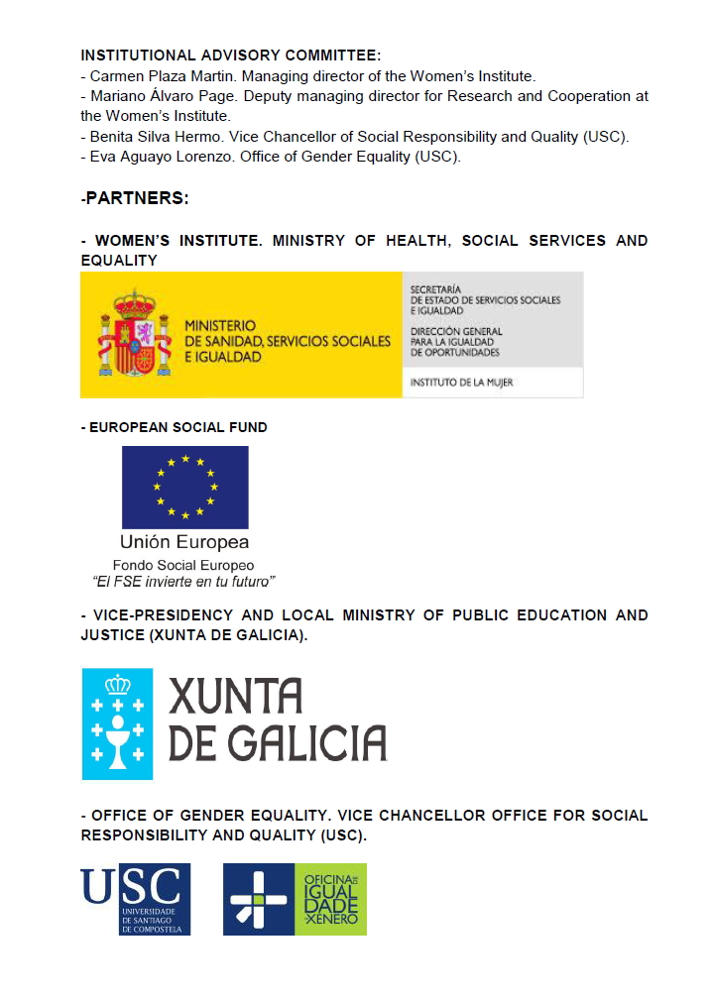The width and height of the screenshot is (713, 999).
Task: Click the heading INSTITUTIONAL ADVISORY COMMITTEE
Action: pyautogui.click(x=230, y=55)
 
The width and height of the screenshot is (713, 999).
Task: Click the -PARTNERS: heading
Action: pyautogui.click(x=135, y=198)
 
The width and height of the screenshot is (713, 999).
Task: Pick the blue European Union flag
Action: pyautogui.click(x=185, y=487)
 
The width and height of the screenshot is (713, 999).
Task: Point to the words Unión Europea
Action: pyautogui.click(x=184, y=542)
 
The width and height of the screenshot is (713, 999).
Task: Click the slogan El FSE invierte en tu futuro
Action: pyautogui.click(x=183, y=581)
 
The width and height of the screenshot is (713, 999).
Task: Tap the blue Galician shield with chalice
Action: pyautogui.click(x=117, y=722)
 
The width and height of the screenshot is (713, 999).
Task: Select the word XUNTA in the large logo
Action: pyautogui.click(x=235, y=697)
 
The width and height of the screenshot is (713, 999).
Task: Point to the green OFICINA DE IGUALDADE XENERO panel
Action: pyautogui.click(x=330, y=899)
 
